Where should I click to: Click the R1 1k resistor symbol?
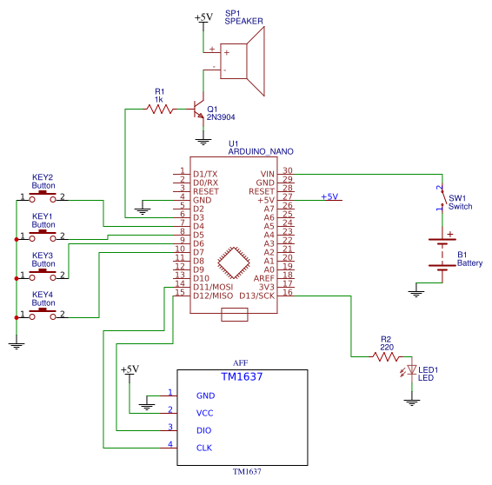pos(160,110)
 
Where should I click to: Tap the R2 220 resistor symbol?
pos(386,357)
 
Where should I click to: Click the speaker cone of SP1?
pos(256,61)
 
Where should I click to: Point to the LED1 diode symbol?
pos(411,370)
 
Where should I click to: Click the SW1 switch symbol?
pos(442,197)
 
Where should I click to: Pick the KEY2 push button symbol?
pos(43,196)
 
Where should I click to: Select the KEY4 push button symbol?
pos(43,314)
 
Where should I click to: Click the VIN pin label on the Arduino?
pos(268,174)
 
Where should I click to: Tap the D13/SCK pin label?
pos(256,296)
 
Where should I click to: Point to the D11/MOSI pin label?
pos(213,287)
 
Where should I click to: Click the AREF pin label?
pos(264,278)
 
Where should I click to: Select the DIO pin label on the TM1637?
pos(203,430)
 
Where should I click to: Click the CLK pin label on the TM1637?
pos(204,448)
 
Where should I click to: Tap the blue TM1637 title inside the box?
pos(242,376)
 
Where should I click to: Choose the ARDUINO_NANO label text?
pos(261,151)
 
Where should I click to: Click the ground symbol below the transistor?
pos(203,142)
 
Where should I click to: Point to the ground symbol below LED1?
pos(412,402)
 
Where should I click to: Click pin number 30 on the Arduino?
pos(288,170)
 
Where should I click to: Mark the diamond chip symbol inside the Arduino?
pos(234,262)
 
